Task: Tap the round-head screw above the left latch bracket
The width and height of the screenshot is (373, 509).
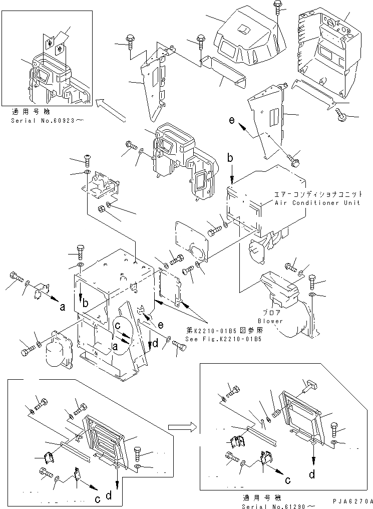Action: click(x=87, y=160)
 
